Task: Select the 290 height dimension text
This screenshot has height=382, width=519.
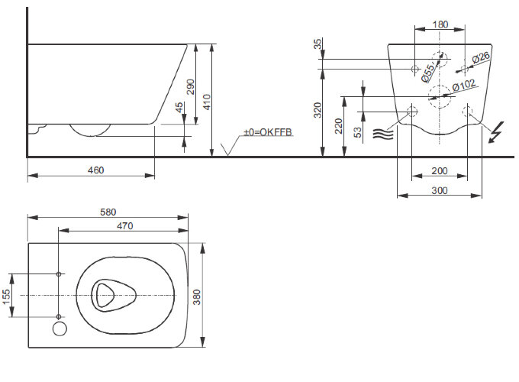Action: click(190, 86)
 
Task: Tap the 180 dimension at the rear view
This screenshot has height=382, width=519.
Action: click(440, 24)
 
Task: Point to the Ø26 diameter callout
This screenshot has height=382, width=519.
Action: click(480, 58)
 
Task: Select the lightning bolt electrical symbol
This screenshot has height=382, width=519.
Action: click(495, 132)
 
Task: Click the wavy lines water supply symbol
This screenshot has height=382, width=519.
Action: click(382, 134)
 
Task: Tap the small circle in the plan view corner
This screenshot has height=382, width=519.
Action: click(60, 329)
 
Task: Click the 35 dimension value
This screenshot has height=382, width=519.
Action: click(318, 44)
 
